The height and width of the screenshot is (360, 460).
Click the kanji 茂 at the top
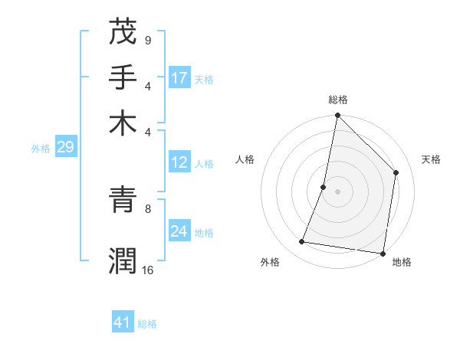123,33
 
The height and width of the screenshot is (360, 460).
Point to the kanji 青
123,199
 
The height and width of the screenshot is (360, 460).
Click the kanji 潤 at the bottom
123,260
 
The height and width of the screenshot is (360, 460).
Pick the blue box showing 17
179,77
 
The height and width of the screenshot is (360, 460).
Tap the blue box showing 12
179,162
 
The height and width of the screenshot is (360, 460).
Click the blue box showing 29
65,147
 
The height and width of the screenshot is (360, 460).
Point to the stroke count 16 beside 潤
148,270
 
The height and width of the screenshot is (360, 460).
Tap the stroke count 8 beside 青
147,208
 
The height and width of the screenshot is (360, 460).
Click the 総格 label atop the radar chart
337,100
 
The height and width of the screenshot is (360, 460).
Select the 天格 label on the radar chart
431,159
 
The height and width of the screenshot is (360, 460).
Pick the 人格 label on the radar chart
245,159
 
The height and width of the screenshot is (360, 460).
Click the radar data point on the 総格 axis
337,116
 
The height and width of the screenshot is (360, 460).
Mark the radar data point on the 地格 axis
383,253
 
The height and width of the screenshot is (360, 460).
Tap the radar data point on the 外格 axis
302,242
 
